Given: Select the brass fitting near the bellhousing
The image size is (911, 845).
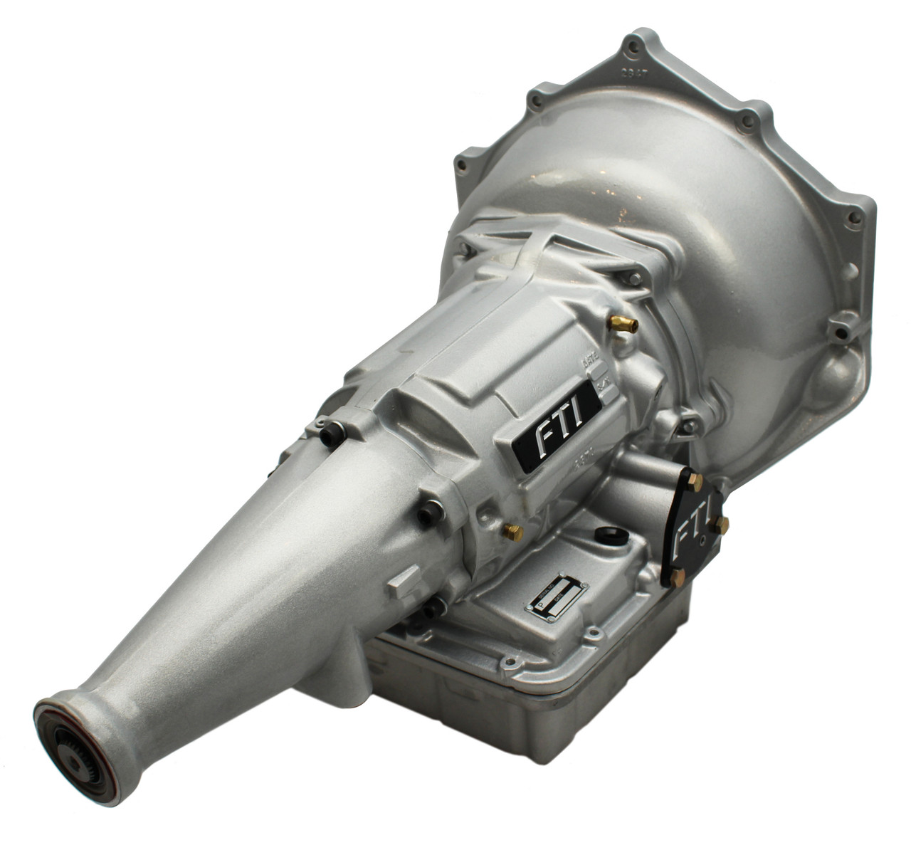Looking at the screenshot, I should tap(623, 324).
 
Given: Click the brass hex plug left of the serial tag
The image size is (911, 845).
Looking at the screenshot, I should tap(512, 532).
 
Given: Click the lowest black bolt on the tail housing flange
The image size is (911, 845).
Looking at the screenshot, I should tap(433, 610).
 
